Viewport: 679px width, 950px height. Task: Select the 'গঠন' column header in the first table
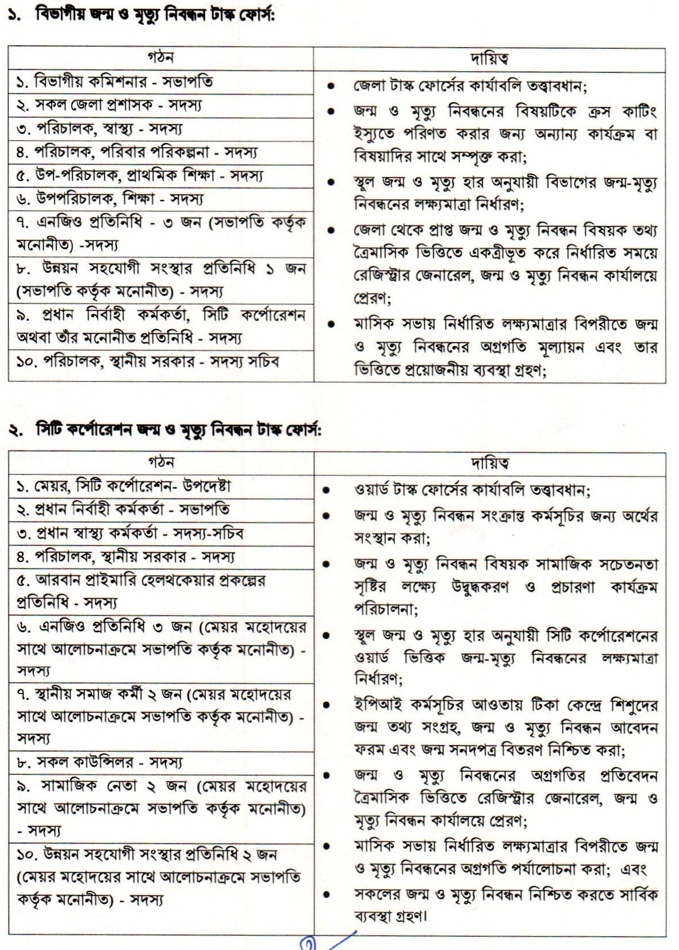[160, 58]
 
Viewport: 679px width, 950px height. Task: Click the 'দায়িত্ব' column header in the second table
[489, 463]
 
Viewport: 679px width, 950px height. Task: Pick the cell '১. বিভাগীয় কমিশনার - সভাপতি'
[114, 82]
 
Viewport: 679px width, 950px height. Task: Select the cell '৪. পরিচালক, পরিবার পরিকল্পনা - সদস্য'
[137, 152]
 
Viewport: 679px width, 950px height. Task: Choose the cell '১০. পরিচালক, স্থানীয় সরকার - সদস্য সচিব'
[148, 361]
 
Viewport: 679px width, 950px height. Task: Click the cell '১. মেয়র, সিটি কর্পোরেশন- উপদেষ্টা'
[124, 486]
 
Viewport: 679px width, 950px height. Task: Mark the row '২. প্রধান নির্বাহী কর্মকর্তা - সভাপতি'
[123, 510]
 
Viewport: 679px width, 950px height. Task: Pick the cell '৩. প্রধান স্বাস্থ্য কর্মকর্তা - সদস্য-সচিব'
[130, 533]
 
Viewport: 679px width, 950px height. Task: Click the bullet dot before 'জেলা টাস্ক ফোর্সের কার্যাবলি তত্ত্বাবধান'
[330, 87]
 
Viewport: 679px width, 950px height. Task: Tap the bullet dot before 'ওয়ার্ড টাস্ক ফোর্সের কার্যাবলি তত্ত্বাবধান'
[326, 491]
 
